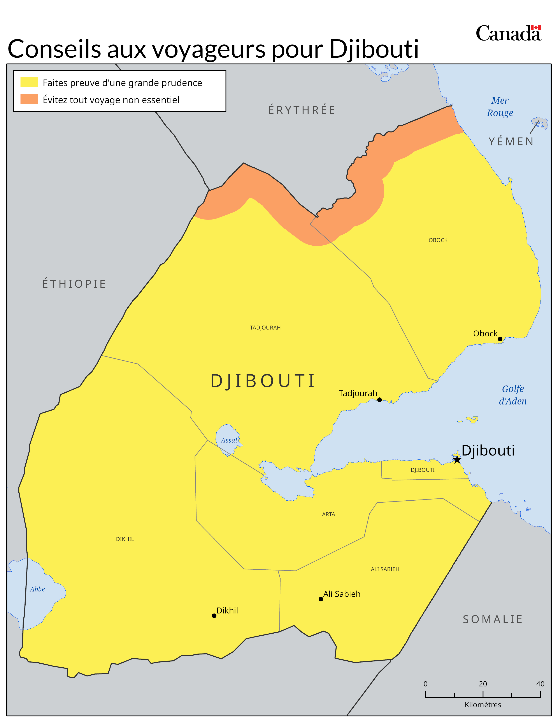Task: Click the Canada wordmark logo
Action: pyautogui.click(x=508, y=34)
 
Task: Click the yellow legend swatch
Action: pyautogui.click(x=29, y=82)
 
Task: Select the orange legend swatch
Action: pyautogui.click(x=29, y=99)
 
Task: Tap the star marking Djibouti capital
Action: pyautogui.click(x=457, y=459)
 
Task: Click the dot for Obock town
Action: pyautogui.click(x=500, y=339)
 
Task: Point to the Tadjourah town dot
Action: pyautogui.click(x=379, y=400)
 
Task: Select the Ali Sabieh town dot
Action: pyautogui.click(x=321, y=599)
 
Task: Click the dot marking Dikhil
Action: pyautogui.click(x=214, y=616)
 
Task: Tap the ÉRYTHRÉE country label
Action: pyautogui.click(x=302, y=110)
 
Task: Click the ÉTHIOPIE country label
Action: pyautogui.click(x=74, y=284)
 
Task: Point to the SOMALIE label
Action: pyautogui.click(x=493, y=619)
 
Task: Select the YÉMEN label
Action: pyautogui.click(x=511, y=141)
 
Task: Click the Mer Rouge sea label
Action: pyautogui.click(x=500, y=106)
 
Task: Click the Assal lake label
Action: pyautogui.click(x=229, y=440)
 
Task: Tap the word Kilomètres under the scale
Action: pyautogui.click(x=483, y=704)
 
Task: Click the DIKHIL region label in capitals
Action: pyautogui.click(x=125, y=539)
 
